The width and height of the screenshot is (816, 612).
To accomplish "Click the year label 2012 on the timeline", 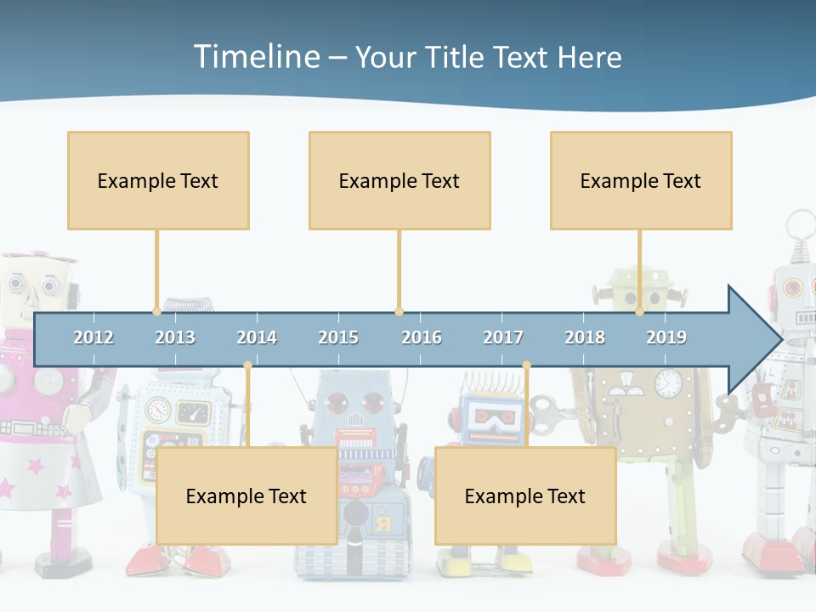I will (93, 337).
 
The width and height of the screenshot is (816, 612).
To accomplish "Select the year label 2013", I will (175, 337).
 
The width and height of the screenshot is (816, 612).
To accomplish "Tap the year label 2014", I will (257, 337).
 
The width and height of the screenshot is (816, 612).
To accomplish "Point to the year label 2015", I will (338, 337).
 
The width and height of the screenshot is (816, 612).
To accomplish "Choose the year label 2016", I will (422, 337).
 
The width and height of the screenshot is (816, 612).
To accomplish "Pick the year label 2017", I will (503, 337).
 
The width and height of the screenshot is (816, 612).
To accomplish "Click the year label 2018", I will (585, 337).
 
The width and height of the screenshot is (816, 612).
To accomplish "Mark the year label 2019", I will (666, 337).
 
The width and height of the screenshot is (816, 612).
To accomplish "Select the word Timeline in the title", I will (257, 57).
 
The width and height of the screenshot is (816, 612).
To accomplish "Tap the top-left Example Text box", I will (158, 180).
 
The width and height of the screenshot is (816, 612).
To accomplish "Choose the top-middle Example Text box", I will (399, 180).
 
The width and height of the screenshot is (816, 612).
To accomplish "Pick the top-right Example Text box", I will (641, 180).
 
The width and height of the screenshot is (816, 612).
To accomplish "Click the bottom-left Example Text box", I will (246, 496).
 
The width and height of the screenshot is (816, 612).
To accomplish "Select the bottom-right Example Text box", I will (525, 496).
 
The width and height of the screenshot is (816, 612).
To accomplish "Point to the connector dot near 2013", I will (156, 311).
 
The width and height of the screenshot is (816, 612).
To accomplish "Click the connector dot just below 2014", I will (247, 365).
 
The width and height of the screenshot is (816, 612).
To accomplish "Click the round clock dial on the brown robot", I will (668, 383).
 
